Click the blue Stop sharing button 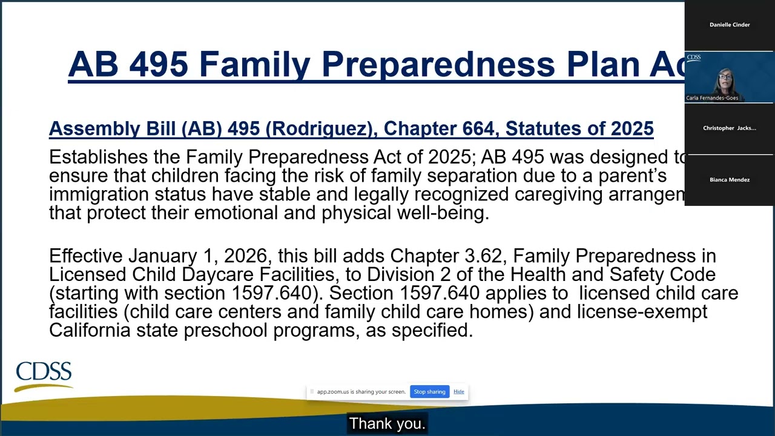pos(429,392)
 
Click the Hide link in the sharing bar pos(459,392)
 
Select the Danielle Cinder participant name pos(730,25)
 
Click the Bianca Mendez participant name pos(730,180)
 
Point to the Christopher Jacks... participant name pos(729,128)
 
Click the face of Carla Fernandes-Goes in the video pos(725,79)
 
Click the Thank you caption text pos(387,424)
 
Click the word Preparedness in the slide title pos(438,64)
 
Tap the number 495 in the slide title pos(158,64)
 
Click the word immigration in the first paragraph pos(99,195)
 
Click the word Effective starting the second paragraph pos(86,256)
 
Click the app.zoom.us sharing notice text pos(361,392)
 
